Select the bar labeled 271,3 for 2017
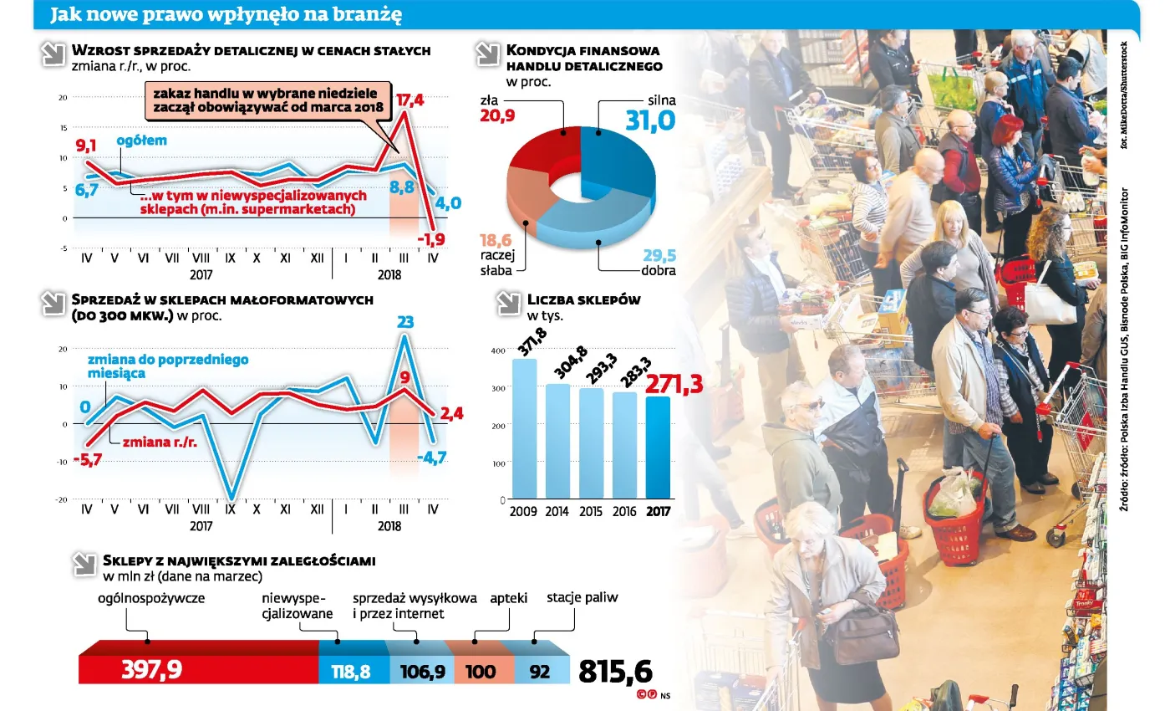(x=657, y=447)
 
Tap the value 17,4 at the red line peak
(x=409, y=100)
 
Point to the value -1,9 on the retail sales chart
(x=432, y=240)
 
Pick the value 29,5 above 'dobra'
(x=659, y=256)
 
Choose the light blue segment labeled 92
(x=541, y=671)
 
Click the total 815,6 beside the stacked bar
(x=614, y=671)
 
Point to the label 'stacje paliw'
(x=582, y=598)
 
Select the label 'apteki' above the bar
(x=508, y=598)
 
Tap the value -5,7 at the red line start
(x=88, y=458)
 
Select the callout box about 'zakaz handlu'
(x=267, y=100)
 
